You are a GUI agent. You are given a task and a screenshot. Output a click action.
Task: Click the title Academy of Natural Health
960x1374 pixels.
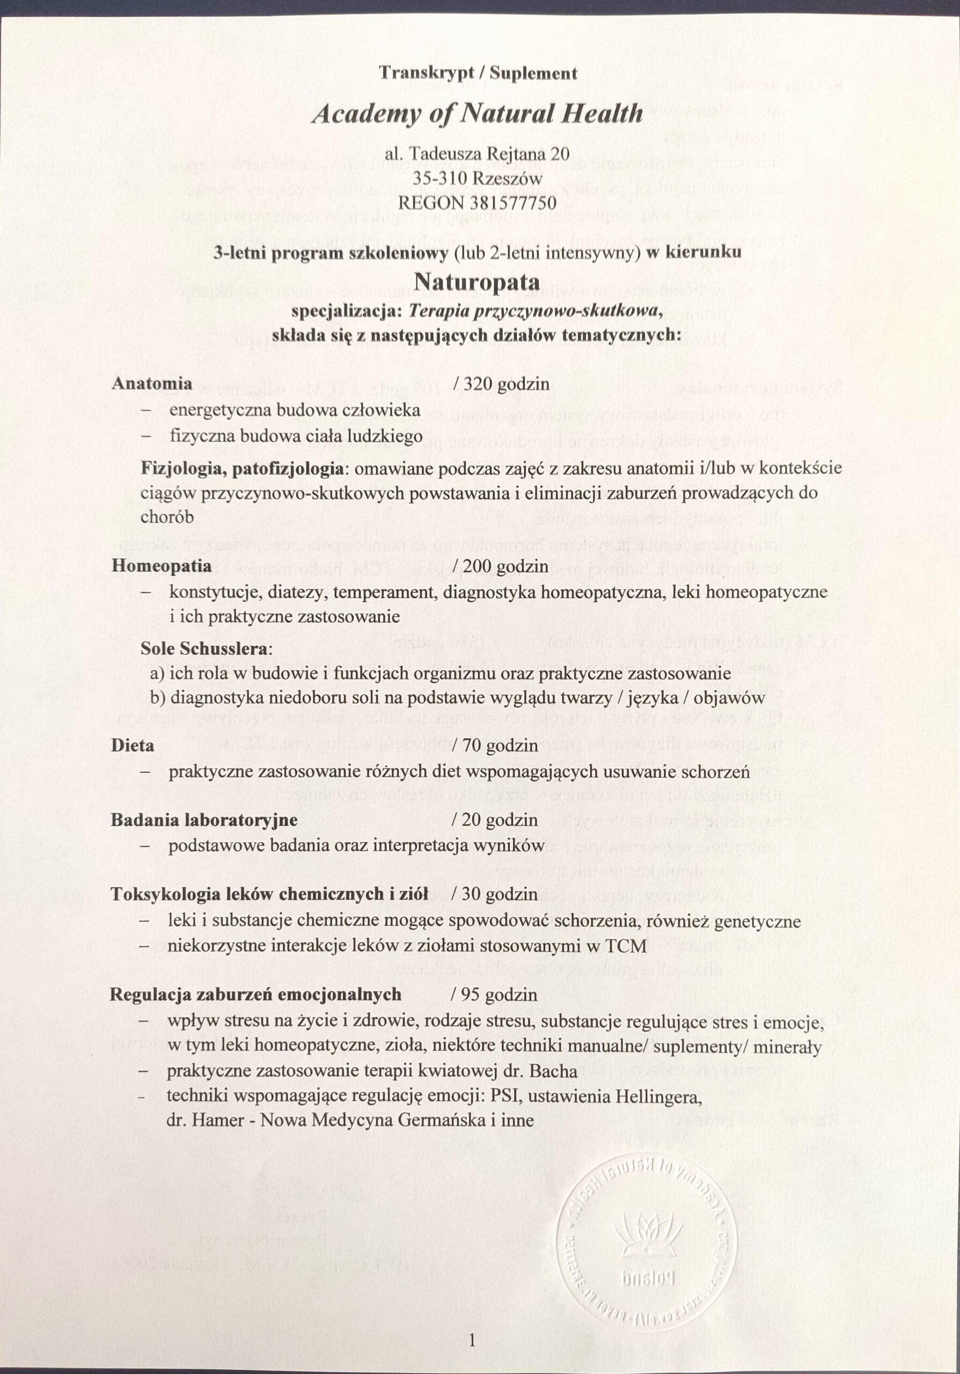477,113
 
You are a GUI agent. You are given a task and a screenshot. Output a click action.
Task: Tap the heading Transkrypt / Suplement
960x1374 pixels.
478,74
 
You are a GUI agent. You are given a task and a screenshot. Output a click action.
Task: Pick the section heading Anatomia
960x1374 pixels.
152,383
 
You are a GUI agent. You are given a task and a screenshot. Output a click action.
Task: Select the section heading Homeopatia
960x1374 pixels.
161,566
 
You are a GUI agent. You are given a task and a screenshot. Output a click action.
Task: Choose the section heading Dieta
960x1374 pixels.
132,746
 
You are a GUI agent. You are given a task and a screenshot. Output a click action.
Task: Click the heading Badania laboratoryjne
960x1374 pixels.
204,820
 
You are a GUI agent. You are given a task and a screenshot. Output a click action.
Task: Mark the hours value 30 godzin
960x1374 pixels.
501,894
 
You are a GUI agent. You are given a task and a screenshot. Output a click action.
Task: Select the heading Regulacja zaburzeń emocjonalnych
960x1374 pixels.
255,995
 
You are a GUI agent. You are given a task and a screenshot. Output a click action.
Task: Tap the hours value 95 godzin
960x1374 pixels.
501,995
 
